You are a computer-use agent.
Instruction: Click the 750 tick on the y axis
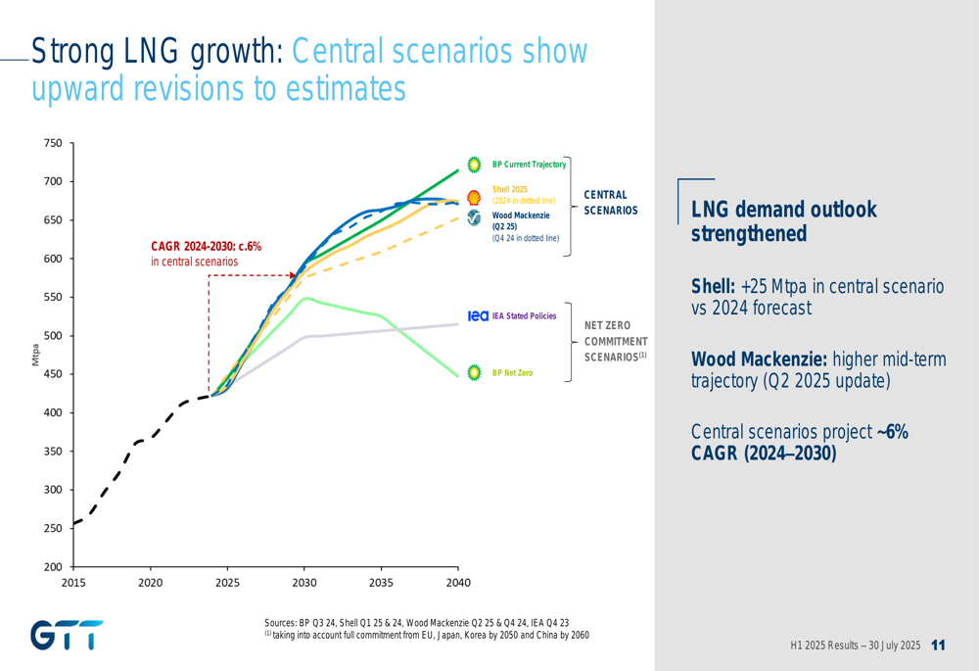click(53, 143)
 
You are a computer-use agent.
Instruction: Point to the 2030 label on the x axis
click(304, 583)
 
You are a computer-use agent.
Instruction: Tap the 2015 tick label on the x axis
click(73, 583)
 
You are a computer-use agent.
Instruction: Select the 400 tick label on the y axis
click(53, 413)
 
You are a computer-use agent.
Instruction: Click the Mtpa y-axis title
click(35, 355)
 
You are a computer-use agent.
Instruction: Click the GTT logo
click(67, 635)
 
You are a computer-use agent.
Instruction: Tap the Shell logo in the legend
click(474, 198)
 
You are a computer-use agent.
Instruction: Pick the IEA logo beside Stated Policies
click(478, 316)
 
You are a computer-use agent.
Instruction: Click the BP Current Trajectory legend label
click(529, 165)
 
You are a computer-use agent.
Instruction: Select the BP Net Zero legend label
click(513, 373)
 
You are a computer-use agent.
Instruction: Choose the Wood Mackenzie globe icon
click(474, 217)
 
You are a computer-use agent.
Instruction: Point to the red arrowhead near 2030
click(293, 275)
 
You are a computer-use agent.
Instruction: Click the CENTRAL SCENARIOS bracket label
click(611, 203)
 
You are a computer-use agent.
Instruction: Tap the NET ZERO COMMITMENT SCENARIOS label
click(616, 341)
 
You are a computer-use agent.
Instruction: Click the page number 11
click(939, 646)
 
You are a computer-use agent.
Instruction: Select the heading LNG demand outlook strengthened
click(783, 221)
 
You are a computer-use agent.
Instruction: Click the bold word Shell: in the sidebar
click(713, 286)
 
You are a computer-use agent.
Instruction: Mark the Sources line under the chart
click(416, 623)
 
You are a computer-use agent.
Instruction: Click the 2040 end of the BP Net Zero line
click(458, 376)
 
